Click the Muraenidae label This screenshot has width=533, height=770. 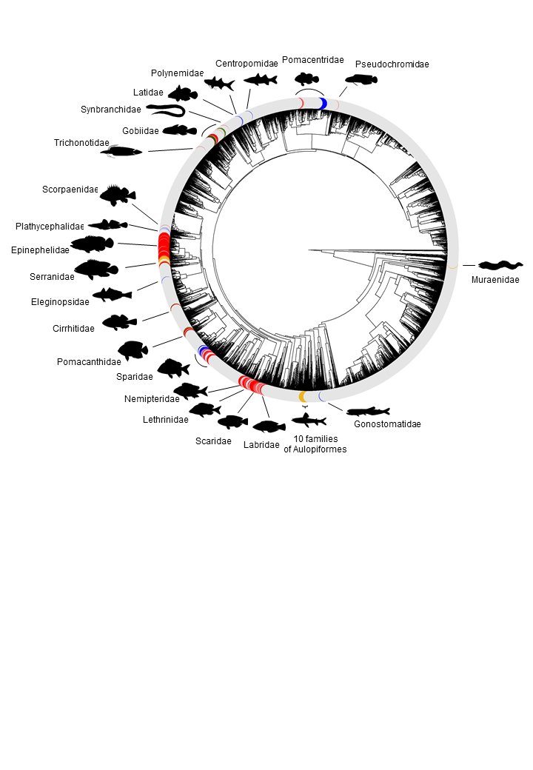495,280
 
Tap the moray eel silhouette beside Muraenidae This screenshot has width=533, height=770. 501,265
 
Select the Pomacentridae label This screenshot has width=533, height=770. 312,60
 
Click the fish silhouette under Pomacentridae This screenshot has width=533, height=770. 306,78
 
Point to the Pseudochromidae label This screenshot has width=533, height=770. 392,64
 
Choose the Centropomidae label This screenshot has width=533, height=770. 247,63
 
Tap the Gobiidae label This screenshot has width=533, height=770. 141,131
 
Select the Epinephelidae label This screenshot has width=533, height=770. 40,250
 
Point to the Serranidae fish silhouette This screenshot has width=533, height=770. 96,269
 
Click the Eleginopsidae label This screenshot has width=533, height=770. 60,302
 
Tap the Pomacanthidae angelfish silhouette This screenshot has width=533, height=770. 133,350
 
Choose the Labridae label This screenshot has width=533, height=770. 261,445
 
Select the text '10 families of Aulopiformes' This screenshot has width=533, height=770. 315,444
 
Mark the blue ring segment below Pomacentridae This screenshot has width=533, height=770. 323,104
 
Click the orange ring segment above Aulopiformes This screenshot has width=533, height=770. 303,398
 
